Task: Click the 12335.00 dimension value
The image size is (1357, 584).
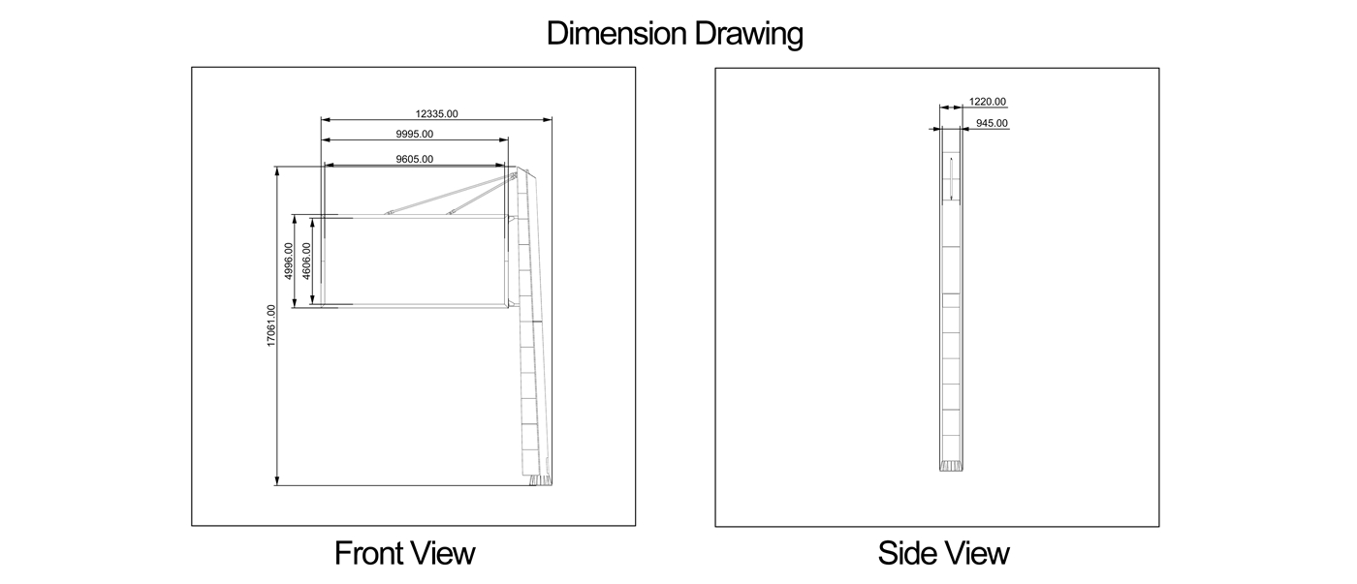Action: tap(436, 113)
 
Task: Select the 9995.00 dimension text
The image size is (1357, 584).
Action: tap(415, 134)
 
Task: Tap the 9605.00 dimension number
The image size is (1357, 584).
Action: tap(415, 159)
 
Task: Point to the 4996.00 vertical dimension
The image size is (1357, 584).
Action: tap(289, 261)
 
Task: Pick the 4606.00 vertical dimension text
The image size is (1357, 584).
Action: tap(306, 261)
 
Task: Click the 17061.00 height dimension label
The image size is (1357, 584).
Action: tap(270, 325)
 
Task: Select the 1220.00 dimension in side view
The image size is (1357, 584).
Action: tap(988, 102)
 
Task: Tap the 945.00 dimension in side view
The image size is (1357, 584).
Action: tap(992, 123)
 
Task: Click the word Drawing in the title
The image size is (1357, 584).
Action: tap(748, 35)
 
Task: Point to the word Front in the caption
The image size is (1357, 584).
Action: tap(366, 553)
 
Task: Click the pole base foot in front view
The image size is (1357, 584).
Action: tap(540, 480)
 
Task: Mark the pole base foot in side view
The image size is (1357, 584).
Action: tap(951, 466)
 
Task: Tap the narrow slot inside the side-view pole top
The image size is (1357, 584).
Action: tap(951, 178)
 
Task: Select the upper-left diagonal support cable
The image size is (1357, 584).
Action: tap(447, 195)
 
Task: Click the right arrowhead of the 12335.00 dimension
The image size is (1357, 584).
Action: tap(548, 120)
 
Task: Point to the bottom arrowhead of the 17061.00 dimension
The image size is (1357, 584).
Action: tap(277, 480)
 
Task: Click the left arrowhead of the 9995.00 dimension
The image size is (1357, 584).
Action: tap(326, 139)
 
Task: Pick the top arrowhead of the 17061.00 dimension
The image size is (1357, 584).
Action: tap(277, 171)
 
